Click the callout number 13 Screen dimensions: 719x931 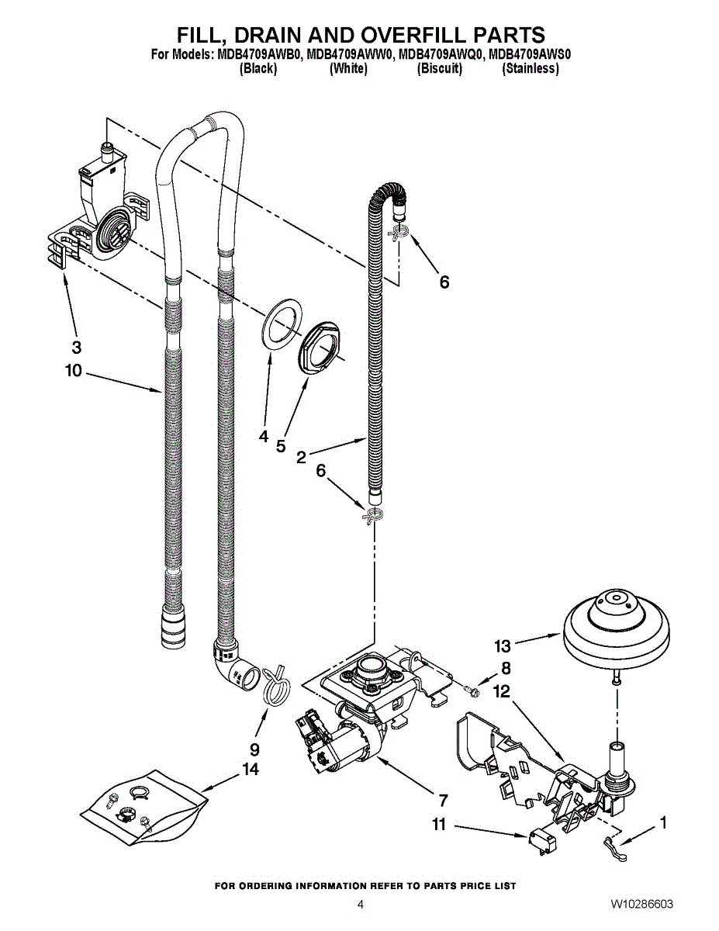tap(503, 646)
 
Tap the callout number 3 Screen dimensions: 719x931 tap(77, 347)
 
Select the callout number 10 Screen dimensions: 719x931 tap(73, 371)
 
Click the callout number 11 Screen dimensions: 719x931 tap(439, 825)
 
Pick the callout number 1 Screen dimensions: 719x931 tap(663, 822)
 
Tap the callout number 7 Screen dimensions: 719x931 tap(443, 801)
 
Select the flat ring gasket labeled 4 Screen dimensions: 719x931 tap(281, 327)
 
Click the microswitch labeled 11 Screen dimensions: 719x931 tap(542, 843)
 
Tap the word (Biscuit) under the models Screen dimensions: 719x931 tap(440, 68)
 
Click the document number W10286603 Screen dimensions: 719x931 tap(641, 904)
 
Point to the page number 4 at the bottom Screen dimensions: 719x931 tap(361, 905)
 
